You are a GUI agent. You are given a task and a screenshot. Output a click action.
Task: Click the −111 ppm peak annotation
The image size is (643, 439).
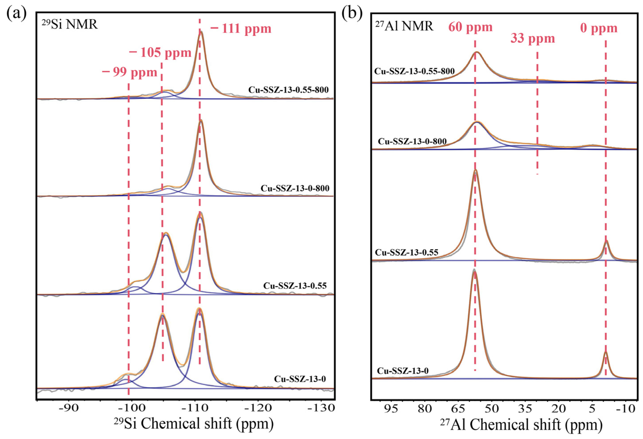point(241,29)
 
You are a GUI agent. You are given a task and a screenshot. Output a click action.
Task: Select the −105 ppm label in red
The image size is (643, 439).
point(160,52)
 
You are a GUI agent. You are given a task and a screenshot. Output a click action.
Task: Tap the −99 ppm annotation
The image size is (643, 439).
point(129,72)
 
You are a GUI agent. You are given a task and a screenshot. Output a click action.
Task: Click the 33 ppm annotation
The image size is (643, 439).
point(533,38)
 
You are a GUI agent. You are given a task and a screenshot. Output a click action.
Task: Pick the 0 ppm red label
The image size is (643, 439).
point(599,28)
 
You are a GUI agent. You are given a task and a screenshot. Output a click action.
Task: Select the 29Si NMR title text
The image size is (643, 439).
point(70,25)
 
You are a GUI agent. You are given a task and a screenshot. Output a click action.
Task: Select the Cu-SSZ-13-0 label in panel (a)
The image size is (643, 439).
point(300,379)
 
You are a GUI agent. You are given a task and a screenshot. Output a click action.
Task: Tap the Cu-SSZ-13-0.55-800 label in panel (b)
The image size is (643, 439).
point(414,71)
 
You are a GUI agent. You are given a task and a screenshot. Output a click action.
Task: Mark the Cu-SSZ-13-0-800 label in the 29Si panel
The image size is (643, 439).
point(295,188)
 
